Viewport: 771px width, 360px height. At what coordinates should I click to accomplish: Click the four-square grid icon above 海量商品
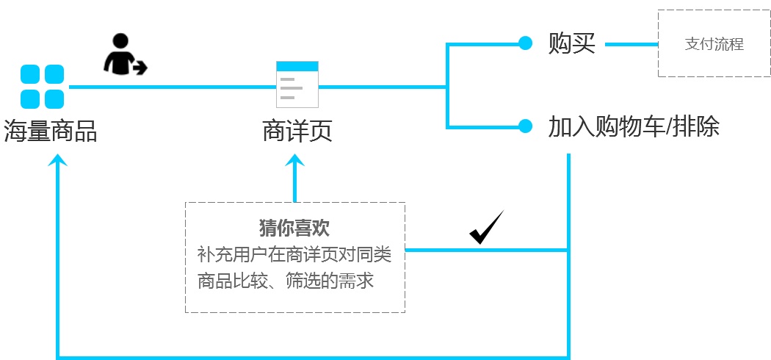pyautogui.click(x=42, y=87)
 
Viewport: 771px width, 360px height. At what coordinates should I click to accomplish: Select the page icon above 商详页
pyautogui.click(x=297, y=84)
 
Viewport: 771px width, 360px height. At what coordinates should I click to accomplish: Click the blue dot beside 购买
pyautogui.click(x=525, y=44)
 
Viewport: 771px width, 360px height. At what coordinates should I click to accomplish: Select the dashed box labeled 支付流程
pyautogui.click(x=714, y=44)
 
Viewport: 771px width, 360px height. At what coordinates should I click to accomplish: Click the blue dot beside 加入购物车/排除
pyautogui.click(x=525, y=126)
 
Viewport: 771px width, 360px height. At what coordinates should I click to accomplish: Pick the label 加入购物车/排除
pyautogui.click(x=633, y=127)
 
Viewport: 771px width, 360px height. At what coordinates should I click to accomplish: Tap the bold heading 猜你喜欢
pyautogui.click(x=294, y=226)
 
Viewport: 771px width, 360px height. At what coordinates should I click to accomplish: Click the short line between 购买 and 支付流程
pyautogui.click(x=631, y=44)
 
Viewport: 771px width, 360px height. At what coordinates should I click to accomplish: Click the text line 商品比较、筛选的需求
pyautogui.click(x=286, y=281)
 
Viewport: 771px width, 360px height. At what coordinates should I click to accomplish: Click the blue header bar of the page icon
pyautogui.click(x=297, y=66)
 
